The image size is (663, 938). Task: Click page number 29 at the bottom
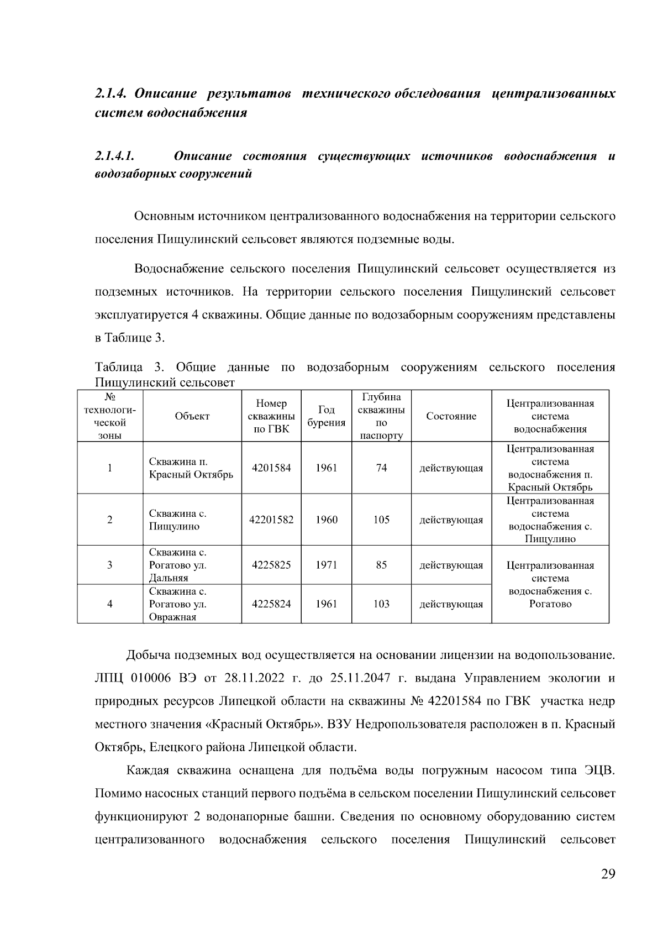[608, 874]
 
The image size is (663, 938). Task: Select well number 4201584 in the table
[271, 468]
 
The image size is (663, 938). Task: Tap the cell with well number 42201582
[271, 520]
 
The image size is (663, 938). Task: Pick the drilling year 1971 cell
[326, 565]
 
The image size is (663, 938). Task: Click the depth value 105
[381, 520]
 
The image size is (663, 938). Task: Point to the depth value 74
[381, 468]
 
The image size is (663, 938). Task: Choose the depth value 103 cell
[381, 604]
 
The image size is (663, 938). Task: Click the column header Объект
[192, 417]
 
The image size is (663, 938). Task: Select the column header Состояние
[451, 417]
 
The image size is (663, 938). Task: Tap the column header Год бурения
[326, 416]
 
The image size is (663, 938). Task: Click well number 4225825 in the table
[271, 565]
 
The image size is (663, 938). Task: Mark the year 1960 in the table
[326, 520]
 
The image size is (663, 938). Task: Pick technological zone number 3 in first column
[109, 565]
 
